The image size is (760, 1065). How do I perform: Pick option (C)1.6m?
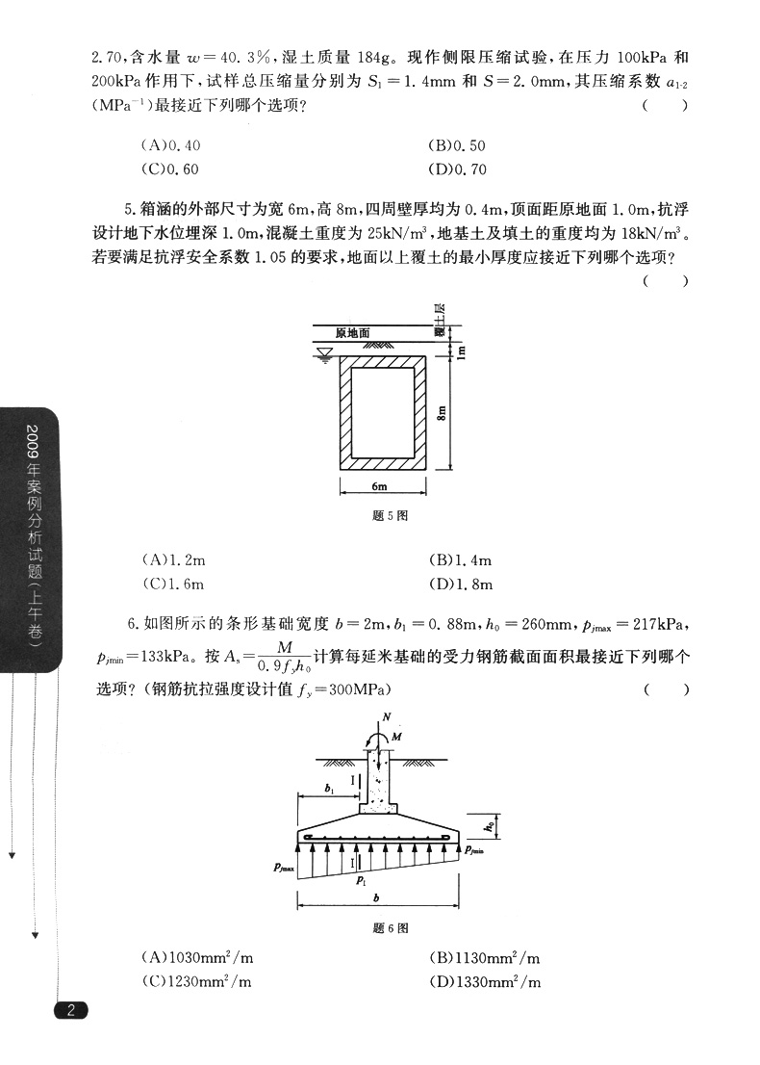coord(173,584)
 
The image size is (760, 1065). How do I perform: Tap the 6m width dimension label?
coord(378,487)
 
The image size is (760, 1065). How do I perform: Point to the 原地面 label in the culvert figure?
coord(352,333)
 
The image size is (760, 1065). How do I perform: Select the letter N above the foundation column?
coord(386,716)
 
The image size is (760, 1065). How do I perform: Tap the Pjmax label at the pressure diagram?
coord(286,868)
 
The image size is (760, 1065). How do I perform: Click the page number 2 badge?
coord(71,1010)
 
